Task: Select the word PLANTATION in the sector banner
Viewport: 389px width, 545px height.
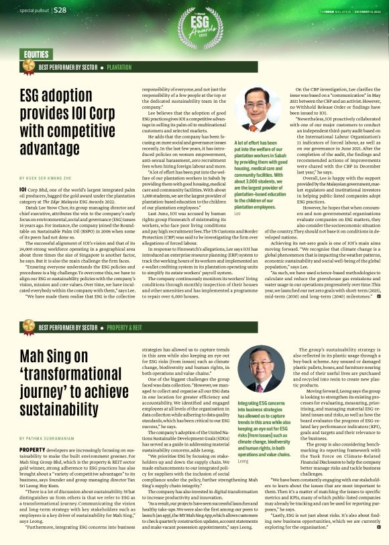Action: (119, 68)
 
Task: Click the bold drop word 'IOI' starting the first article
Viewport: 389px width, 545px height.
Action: (23, 190)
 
